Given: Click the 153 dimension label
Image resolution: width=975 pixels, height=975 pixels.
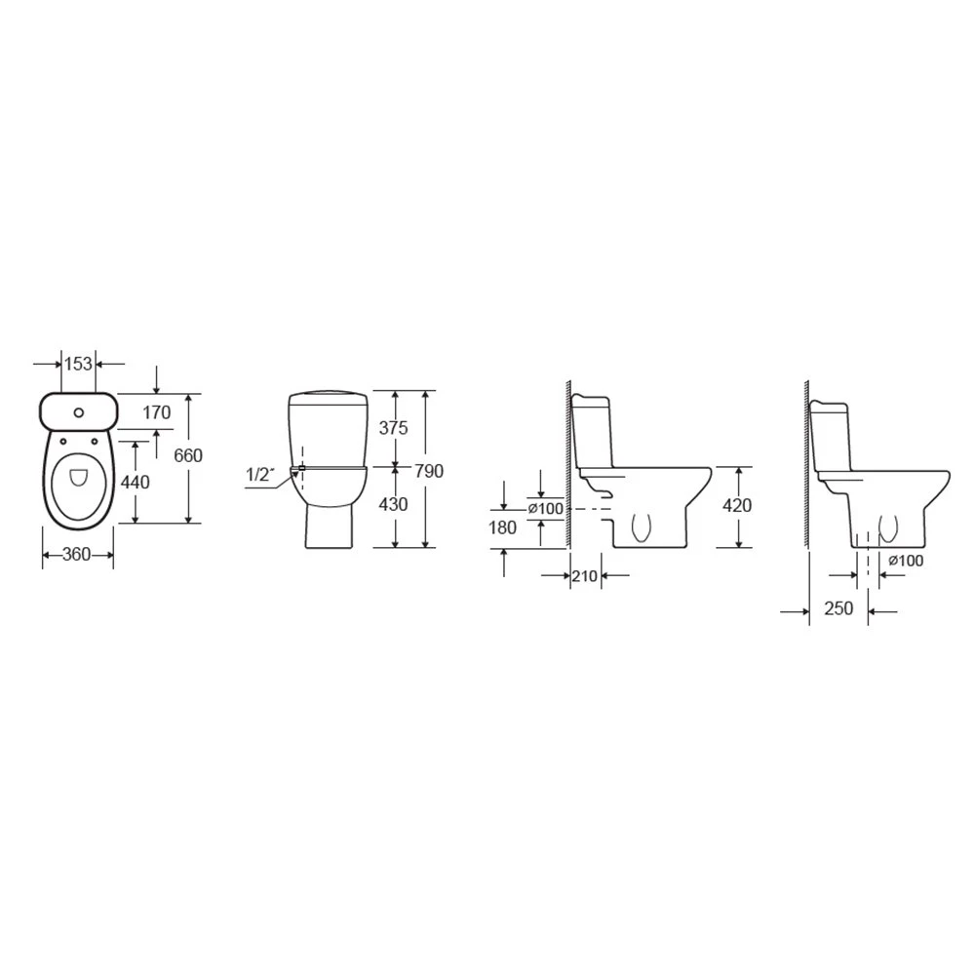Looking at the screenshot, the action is tap(78, 364).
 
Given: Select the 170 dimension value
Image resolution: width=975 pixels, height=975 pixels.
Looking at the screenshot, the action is tap(156, 412).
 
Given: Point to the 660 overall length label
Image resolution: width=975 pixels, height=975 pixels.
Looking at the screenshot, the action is tap(188, 455).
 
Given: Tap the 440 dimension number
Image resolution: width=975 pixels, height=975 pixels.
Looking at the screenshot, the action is tap(135, 482).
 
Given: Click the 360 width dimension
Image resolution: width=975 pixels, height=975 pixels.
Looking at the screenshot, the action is tap(77, 554).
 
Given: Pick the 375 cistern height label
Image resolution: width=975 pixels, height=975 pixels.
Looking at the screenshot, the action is tap(394, 428).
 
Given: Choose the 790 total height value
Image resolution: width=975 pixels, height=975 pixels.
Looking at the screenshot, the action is tap(429, 471).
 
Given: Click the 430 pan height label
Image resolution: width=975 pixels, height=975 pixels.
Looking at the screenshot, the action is tap(393, 504).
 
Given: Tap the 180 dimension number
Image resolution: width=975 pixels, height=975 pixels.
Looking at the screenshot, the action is tap(502, 527).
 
